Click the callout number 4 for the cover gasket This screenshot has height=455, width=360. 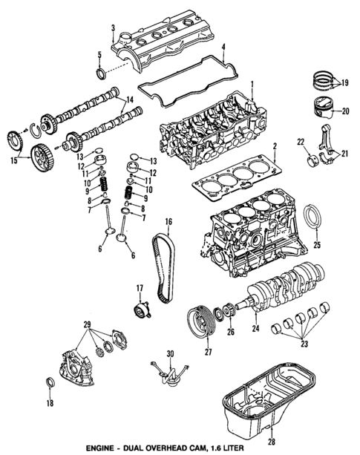click(x=223, y=48)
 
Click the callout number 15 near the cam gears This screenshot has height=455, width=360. click(x=13, y=160)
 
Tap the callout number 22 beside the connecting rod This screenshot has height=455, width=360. click(x=301, y=142)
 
